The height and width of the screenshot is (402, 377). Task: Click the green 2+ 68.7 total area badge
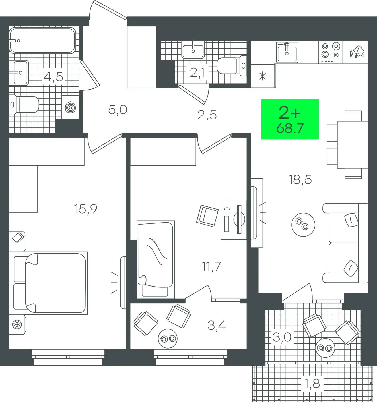(290, 119)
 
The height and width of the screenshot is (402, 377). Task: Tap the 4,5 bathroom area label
(53, 77)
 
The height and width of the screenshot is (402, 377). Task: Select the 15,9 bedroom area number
(86, 209)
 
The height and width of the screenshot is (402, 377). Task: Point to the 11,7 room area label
(211, 266)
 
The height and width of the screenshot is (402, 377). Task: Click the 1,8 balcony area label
(312, 383)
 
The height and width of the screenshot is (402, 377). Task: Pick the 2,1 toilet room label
(197, 73)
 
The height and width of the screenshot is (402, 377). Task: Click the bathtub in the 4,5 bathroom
(42, 40)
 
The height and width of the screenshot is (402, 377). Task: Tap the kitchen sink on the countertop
(287, 53)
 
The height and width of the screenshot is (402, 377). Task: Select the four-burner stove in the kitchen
(331, 53)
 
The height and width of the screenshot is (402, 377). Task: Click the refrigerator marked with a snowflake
(263, 76)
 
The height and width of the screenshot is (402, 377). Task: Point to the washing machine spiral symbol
(70, 107)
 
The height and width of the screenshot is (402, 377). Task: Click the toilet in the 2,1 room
(231, 65)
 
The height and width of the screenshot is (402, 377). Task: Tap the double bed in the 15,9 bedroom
(50, 283)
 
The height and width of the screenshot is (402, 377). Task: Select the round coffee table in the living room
(303, 225)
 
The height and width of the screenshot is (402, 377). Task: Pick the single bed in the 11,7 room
(156, 260)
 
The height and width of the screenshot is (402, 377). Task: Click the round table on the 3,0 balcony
(325, 348)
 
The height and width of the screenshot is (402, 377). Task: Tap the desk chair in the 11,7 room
(207, 216)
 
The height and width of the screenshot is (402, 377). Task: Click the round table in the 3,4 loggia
(168, 339)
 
